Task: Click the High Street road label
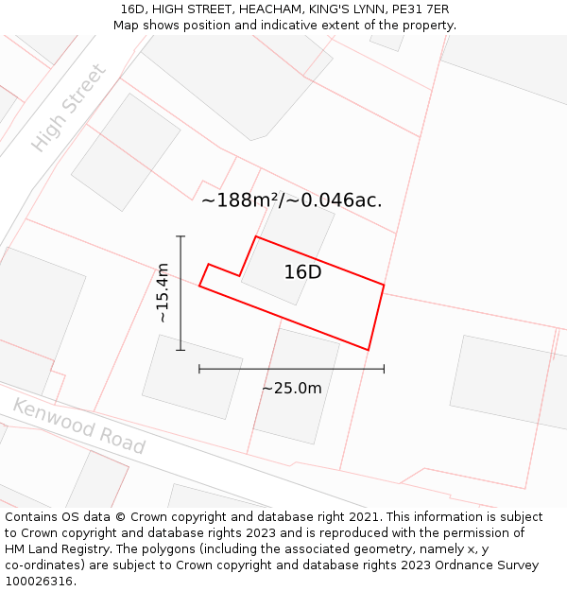[x=69, y=108]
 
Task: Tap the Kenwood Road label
[x=78, y=426]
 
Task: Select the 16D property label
[x=302, y=272]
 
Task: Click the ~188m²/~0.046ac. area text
[x=291, y=200]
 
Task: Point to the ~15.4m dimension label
[x=163, y=293]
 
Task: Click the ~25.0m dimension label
[x=291, y=388]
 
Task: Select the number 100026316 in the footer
[x=39, y=582]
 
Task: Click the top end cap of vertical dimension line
[x=180, y=236]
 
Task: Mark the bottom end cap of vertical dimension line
[x=180, y=350]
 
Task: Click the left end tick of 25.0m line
[x=199, y=369]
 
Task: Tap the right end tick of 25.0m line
[x=384, y=369]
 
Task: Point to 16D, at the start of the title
[x=132, y=9]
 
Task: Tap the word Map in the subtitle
[x=126, y=26]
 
